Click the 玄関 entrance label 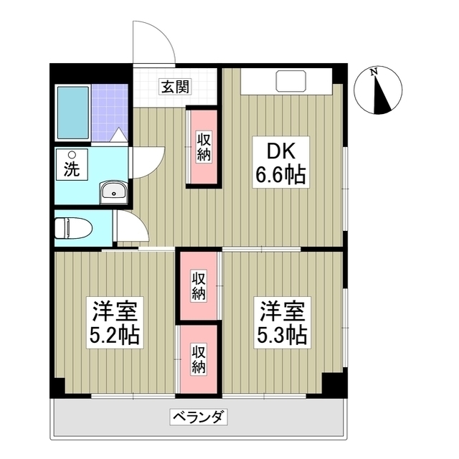175,87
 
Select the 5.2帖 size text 115,335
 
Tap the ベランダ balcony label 199,417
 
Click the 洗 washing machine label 72,171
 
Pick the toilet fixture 73,228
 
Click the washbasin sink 114,191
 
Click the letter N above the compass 374,71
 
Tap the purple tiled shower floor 110,113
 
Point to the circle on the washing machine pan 71,155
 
